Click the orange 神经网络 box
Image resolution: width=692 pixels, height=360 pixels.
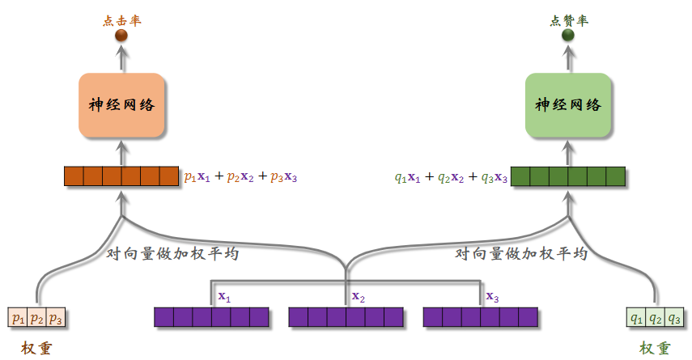click(121, 104)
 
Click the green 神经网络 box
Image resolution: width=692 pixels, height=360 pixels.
click(568, 104)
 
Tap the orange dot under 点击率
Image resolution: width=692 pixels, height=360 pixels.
click(121, 36)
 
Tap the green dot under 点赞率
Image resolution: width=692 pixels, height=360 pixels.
click(568, 36)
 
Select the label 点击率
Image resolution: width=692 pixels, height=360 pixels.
click(121, 20)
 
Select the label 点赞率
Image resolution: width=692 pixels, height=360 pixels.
click(568, 20)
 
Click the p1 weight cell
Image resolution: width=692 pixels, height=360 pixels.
click(17, 318)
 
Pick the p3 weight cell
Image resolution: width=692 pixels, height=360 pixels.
click(55, 318)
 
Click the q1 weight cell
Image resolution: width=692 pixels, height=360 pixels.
click(636, 318)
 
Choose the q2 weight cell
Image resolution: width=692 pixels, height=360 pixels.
click(655, 318)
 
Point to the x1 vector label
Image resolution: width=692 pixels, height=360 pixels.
click(224, 297)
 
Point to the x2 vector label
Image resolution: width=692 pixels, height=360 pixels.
click(358, 297)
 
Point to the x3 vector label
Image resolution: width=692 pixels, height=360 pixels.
click(492, 297)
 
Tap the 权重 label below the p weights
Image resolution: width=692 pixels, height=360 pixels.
click(37, 348)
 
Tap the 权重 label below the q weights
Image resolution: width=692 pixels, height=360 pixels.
click(655, 348)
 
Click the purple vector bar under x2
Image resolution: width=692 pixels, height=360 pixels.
click(346, 316)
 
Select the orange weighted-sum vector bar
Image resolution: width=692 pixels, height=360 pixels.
click(121, 176)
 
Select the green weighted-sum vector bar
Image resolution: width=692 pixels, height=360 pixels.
click(568, 176)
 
